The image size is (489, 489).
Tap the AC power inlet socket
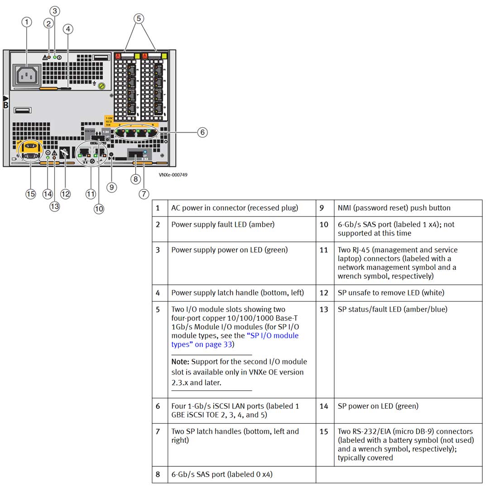click(x=28, y=75)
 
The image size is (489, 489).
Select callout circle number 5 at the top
click(x=139, y=18)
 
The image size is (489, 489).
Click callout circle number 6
click(x=202, y=132)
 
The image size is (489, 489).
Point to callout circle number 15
click(x=30, y=194)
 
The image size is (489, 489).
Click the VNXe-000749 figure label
click(x=173, y=174)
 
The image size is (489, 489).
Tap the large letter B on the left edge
click(x=6, y=105)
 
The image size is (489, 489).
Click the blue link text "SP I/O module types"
click(x=235, y=340)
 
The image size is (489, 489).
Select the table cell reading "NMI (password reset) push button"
click(x=394, y=208)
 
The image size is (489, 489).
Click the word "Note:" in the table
click(x=181, y=362)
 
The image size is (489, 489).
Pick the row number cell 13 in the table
click(x=325, y=310)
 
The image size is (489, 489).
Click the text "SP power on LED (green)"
click(x=378, y=406)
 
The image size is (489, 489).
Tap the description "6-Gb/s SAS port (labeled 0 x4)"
click(x=221, y=475)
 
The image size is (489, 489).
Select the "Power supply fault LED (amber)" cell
click(x=223, y=225)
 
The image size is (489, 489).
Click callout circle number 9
click(x=111, y=187)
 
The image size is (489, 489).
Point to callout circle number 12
click(x=66, y=194)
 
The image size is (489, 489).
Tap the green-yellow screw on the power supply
click(x=102, y=85)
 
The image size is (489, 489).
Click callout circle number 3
click(x=55, y=10)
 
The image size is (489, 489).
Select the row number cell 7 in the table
click(x=158, y=431)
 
